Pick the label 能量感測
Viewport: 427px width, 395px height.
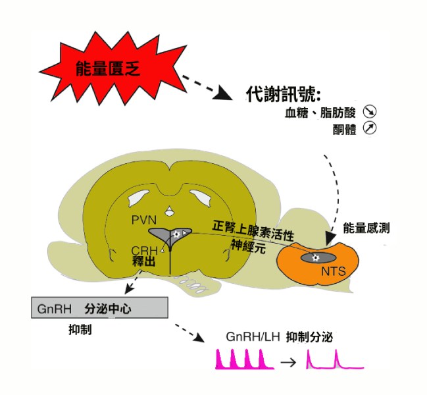pyautogui.click(x=367, y=228)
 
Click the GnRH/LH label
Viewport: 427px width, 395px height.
pyautogui.click(x=252, y=337)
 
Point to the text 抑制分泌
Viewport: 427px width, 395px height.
pyautogui.click(x=309, y=337)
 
